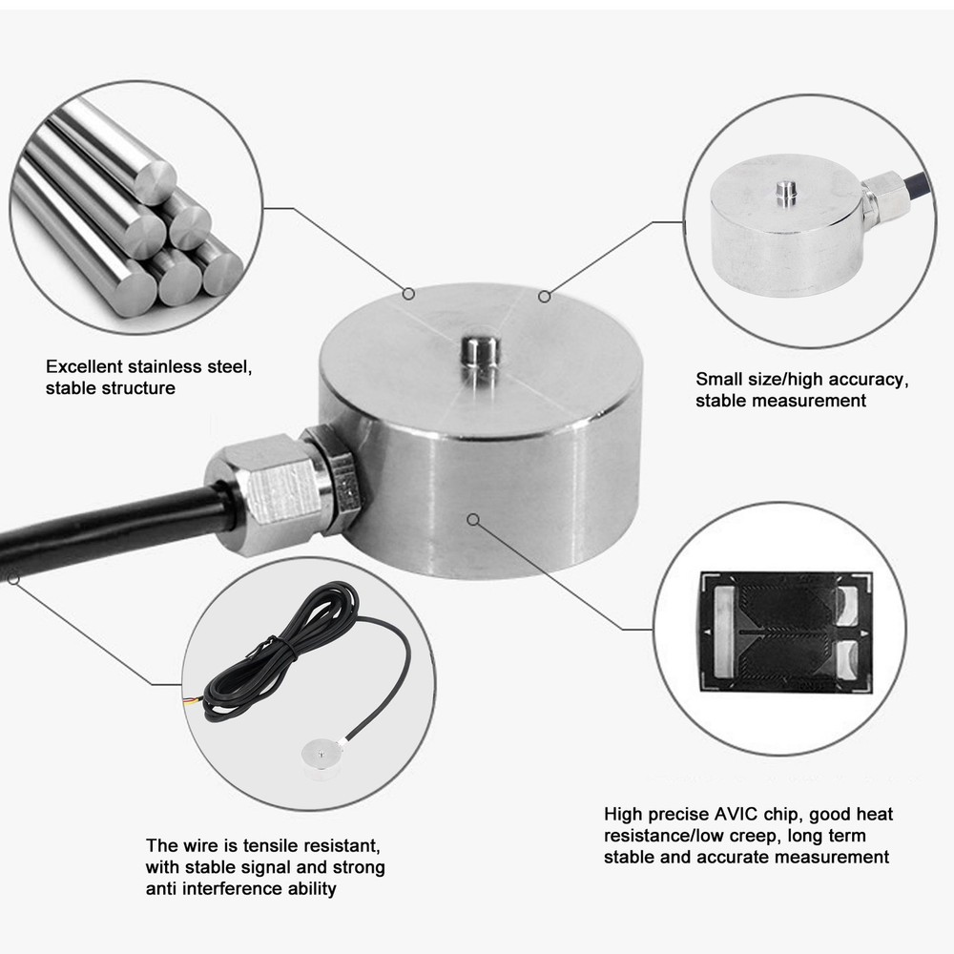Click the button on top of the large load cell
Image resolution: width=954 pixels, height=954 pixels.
pyautogui.click(x=472, y=352)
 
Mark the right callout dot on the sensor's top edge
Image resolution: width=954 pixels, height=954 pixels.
pyautogui.click(x=545, y=297)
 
